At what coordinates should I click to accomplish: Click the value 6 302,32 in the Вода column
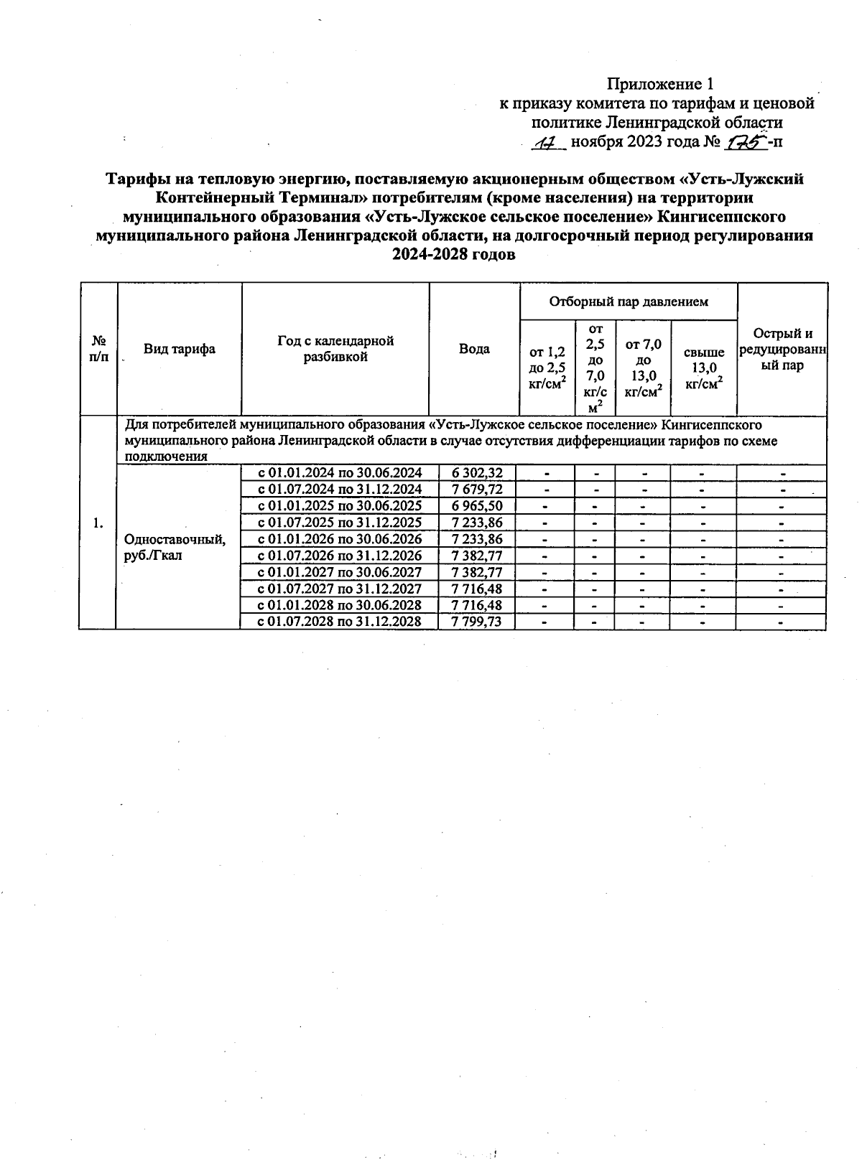(x=476, y=472)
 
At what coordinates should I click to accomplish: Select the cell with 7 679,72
(x=476, y=489)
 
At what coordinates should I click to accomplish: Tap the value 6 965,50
(x=476, y=505)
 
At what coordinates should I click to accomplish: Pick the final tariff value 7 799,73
(x=476, y=621)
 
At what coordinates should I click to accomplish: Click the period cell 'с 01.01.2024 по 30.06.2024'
(x=339, y=472)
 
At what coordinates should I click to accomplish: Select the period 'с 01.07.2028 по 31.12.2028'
(x=339, y=621)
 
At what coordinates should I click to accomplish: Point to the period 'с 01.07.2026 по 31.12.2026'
(x=339, y=555)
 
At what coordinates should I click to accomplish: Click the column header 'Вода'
(x=474, y=349)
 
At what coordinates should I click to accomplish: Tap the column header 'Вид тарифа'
(x=179, y=349)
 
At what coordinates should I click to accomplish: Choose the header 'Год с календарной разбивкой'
(x=335, y=349)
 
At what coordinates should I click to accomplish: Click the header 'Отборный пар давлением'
(x=629, y=301)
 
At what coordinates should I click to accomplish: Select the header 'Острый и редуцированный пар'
(x=782, y=349)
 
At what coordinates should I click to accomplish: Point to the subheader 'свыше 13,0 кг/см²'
(x=703, y=368)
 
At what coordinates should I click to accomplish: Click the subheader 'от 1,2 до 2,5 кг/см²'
(x=547, y=368)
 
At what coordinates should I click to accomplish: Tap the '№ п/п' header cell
(x=98, y=349)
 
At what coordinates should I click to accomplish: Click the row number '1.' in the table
(x=98, y=523)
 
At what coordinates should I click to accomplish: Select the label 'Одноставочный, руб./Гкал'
(x=175, y=547)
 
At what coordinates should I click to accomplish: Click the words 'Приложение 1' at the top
(x=661, y=84)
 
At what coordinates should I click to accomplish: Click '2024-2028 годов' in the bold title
(x=453, y=255)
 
